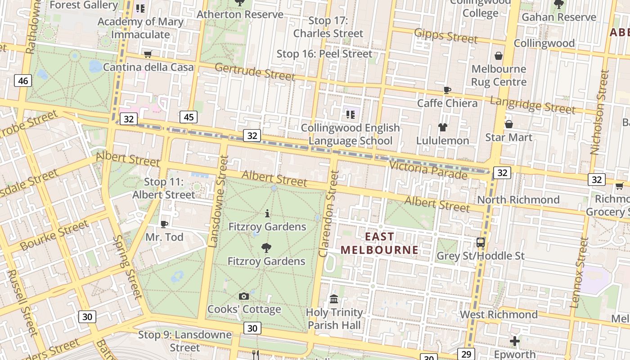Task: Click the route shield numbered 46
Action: point(22,81)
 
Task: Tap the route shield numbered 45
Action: point(189,117)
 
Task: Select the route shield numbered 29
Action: point(466,354)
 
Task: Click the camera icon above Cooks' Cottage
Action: point(243,296)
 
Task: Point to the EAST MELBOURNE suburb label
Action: point(379,243)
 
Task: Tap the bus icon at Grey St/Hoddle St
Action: point(481,243)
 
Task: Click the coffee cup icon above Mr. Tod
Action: point(164,224)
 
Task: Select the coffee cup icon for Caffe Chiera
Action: point(447,90)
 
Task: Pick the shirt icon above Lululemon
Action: point(443,127)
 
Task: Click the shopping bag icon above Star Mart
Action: point(509,124)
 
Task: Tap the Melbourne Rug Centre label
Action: point(499,76)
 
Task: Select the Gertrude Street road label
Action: point(255,72)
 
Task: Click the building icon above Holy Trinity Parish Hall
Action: point(334,299)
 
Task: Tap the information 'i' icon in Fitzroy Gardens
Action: point(267,213)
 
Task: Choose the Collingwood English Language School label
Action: point(350,134)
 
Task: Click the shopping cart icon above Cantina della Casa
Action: point(148,54)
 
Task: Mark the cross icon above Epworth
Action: point(514,341)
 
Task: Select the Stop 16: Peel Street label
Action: point(324,54)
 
